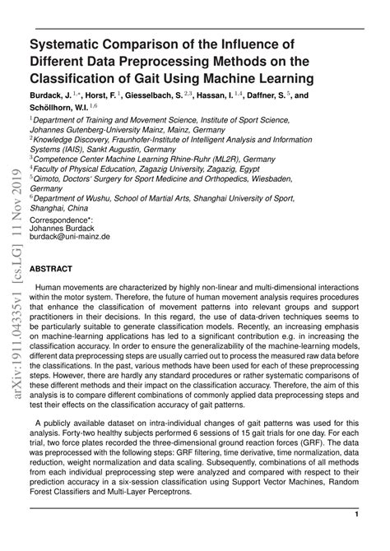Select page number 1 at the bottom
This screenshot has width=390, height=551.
tap(357, 514)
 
